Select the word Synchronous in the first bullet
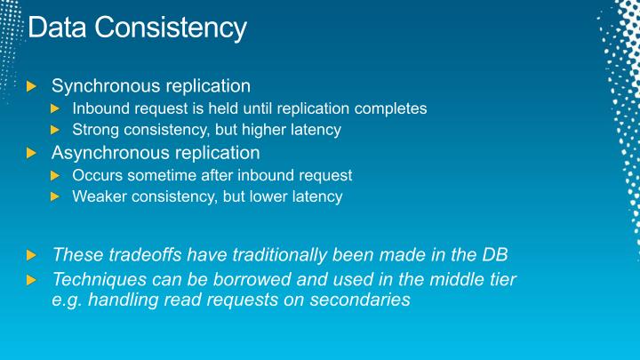coord(104,86)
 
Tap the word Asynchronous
coord(108,152)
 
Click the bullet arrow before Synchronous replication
coord(33,86)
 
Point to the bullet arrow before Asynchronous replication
coord(33,153)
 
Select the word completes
coord(391,108)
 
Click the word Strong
coord(94,130)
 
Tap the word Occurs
coord(96,175)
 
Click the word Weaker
coord(99,196)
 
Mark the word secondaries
coord(360,300)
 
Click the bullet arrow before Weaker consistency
coord(55,197)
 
